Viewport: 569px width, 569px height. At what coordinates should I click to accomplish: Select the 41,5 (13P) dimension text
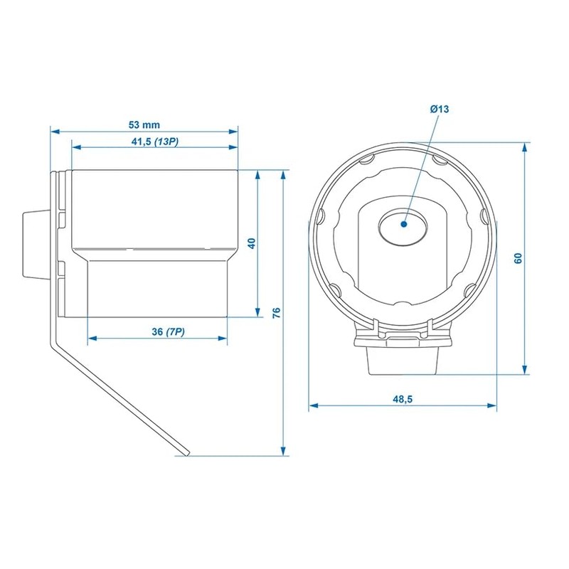[155, 141]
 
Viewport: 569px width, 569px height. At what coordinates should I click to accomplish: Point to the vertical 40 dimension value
[251, 243]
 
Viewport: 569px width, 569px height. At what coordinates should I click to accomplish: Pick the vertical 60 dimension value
[519, 258]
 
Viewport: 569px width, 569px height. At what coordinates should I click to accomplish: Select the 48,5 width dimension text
[403, 400]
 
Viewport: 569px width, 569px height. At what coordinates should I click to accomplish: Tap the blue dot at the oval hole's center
[404, 224]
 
